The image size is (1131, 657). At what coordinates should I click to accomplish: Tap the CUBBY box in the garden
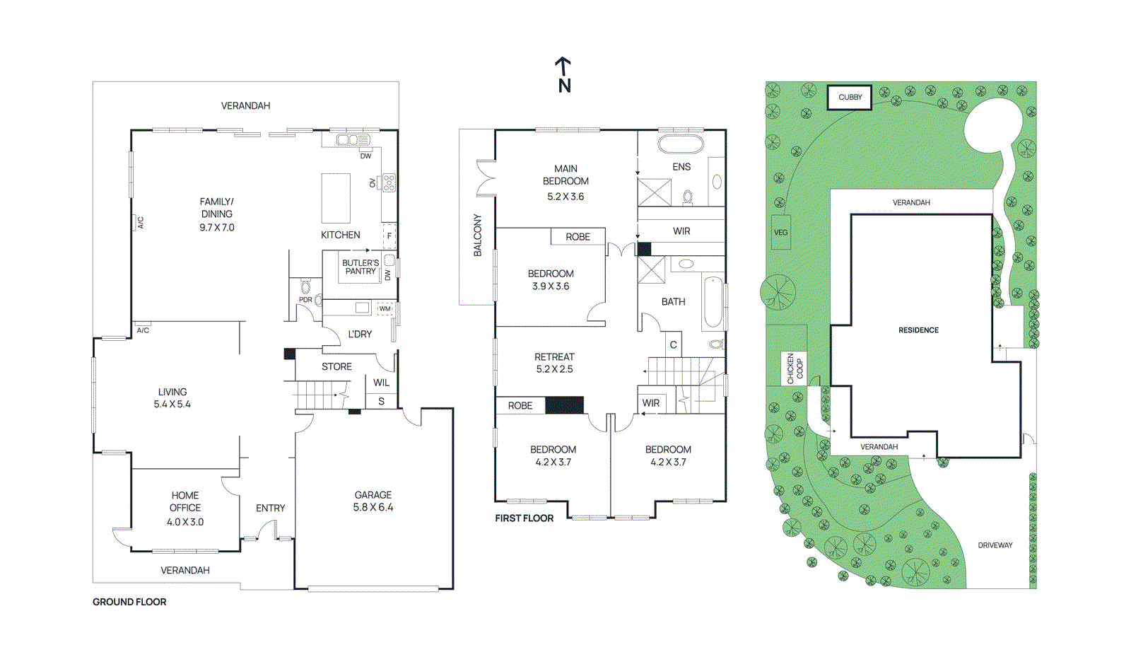[850, 97]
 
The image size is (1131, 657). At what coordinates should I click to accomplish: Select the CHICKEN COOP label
[795, 368]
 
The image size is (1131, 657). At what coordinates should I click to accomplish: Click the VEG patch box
[780, 232]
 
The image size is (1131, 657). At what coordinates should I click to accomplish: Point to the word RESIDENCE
[918, 330]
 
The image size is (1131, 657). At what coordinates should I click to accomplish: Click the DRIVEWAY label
[995, 545]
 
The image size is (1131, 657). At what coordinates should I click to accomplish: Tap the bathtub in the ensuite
[681, 144]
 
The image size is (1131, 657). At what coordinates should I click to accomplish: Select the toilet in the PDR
[305, 287]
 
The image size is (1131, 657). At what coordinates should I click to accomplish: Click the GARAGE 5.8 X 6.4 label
[373, 501]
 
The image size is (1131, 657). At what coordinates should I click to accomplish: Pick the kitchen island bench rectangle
[336, 198]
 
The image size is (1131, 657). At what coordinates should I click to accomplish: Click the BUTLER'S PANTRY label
[361, 267]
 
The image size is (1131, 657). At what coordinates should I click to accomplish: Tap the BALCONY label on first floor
[477, 235]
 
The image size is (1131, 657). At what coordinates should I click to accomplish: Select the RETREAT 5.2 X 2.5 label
[554, 363]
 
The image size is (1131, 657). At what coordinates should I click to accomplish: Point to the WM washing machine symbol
[385, 308]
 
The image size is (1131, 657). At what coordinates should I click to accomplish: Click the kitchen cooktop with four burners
[389, 183]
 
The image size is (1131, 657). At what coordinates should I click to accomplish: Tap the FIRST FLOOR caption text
[524, 518]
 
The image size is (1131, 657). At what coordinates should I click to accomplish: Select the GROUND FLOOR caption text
[129, 602]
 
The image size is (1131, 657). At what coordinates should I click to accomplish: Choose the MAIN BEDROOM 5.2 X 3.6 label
[565, 182]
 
